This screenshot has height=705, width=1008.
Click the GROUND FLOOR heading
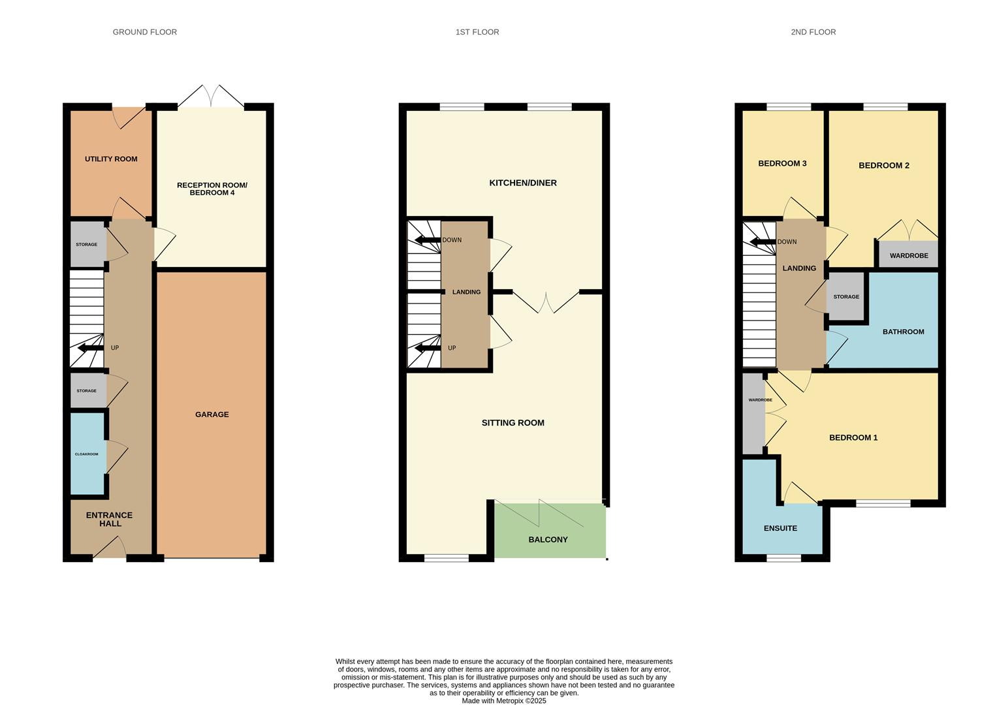point(144,32)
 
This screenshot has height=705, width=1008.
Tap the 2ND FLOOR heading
point(813,32)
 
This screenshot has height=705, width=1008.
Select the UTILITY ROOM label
point(111,159)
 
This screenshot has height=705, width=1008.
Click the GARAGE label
point(212,415)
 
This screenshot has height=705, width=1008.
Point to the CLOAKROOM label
point(86,454)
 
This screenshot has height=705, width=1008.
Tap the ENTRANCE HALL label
point(109,519)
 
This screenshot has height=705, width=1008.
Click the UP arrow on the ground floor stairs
point(91,348)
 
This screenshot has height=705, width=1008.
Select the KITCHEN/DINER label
point(523,183)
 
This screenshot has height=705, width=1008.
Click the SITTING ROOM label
point(513,422)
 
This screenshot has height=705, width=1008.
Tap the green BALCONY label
point(548,539)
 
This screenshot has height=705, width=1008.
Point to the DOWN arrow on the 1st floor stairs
point(428,240)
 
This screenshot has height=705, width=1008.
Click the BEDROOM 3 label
point(782,163)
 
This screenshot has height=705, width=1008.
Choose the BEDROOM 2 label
point(884,166)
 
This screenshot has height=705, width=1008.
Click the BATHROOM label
point(903,332)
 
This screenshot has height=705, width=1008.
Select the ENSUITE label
point(780,528)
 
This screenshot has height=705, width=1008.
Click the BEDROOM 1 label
point(853,437)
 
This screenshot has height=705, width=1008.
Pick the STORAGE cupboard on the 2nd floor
point(846,296)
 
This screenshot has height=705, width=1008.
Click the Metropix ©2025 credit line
point(504,700)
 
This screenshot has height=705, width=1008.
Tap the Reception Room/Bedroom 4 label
point(212,189)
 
